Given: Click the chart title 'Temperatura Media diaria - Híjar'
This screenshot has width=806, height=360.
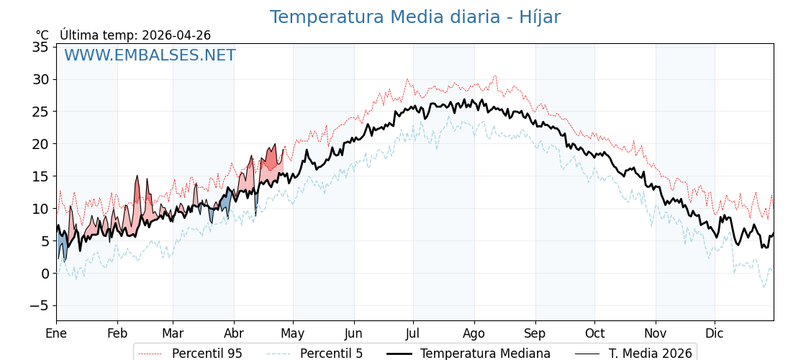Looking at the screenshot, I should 415,17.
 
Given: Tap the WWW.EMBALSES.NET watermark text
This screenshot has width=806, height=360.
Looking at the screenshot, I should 150,55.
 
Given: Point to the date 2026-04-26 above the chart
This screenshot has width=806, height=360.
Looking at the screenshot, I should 176,35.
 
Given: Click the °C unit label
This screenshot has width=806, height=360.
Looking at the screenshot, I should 42,35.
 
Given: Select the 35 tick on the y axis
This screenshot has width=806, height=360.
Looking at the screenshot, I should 41,47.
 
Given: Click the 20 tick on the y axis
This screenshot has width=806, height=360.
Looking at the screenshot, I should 41,144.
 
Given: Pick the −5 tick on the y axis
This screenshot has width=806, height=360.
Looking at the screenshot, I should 38,306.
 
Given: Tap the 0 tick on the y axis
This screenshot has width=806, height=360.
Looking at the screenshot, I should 45,274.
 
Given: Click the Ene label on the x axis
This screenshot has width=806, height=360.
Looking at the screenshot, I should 56,333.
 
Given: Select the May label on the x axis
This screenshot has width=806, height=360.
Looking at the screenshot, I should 293,333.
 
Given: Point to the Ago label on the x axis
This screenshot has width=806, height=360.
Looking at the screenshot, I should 474,333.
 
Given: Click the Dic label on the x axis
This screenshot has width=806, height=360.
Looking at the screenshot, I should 715,333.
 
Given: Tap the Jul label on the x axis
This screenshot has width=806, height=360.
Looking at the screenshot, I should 413,333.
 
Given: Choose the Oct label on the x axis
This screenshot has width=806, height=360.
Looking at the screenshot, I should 594,333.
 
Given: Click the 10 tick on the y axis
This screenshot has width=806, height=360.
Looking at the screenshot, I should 41,209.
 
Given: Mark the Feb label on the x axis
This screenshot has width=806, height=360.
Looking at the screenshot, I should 117,333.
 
